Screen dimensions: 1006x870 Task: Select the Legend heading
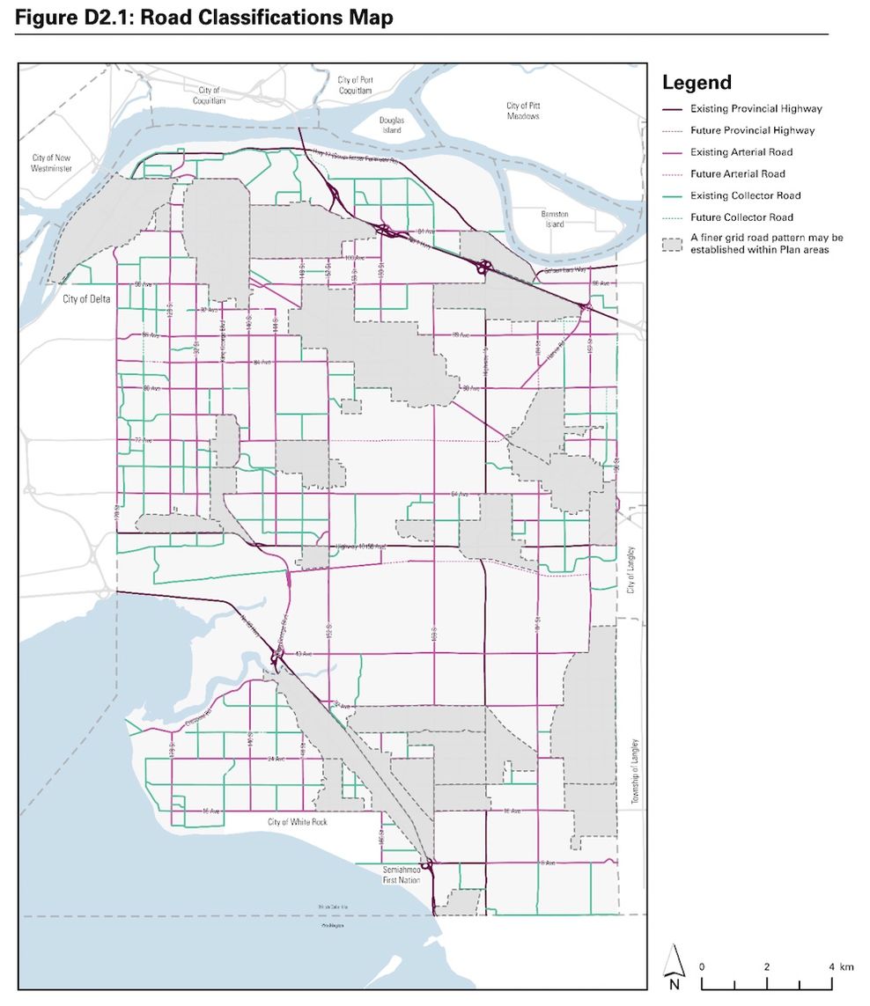[697, 83]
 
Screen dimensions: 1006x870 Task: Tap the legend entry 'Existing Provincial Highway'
[756, 109]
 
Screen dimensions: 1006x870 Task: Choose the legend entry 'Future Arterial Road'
[737, 174]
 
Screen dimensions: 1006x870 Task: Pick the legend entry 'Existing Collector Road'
[745, 195]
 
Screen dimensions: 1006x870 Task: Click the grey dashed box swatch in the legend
[674, 243]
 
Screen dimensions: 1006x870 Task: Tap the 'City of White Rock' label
[296, 822]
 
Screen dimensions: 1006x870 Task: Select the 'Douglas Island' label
[392, 125]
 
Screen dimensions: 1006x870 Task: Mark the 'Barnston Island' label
[555, 219]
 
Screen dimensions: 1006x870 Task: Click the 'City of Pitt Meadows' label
[523, 111]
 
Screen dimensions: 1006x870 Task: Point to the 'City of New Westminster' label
[52, 163]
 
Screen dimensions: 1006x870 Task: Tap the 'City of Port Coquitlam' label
[355, 84]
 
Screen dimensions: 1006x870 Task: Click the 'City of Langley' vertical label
[630, 569]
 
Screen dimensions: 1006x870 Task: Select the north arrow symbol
[674, 966]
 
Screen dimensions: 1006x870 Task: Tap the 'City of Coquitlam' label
[210, 96]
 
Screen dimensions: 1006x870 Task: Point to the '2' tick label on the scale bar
[766, 966]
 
